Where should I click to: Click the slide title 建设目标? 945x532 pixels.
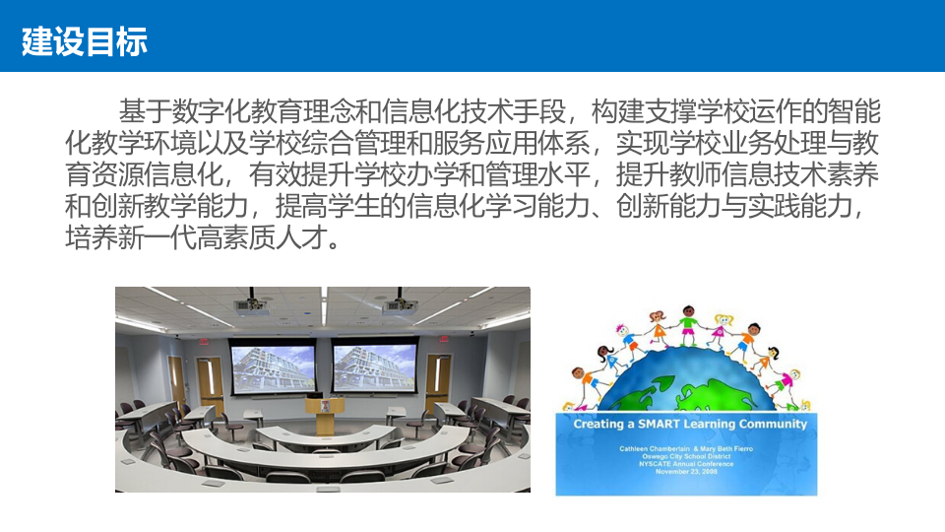[85, 42]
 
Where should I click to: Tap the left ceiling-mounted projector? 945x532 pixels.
[251, 305]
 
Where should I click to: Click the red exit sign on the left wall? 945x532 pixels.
[204, 342]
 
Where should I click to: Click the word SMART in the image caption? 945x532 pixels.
[667, 424]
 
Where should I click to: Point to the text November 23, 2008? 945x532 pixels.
[686, 471]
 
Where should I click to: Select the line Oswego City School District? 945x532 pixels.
[686, 455]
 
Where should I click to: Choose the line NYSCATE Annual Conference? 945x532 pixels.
[686, 463]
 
